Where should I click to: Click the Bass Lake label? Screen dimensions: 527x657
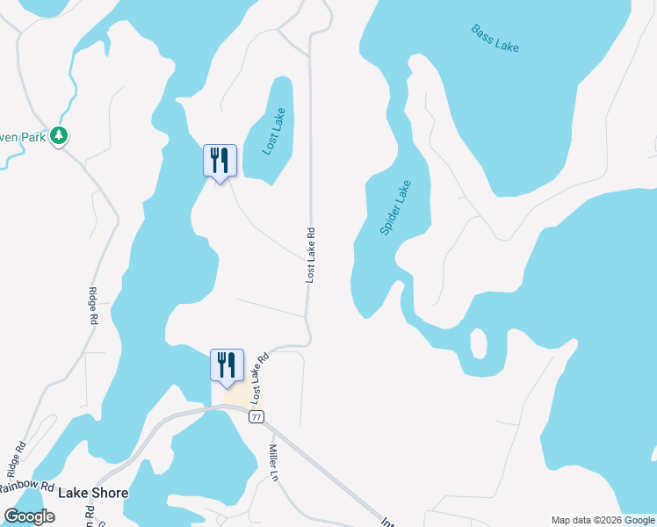tap(495, 39)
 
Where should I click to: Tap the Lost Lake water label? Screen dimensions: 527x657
tap(275, 131)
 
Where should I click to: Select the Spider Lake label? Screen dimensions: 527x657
tap(395, 207)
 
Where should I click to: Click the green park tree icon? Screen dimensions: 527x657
tap(59, 135)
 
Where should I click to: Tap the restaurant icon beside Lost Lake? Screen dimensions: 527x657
tap(220, 161)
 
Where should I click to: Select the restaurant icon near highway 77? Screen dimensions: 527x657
tap(227, 366)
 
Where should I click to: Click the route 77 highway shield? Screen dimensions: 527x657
tap(256, 417)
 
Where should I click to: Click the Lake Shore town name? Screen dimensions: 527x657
tap(93, 493)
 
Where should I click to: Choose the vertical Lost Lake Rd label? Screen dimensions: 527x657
tap(310, 256)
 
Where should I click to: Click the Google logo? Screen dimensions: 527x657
tap(29, 516)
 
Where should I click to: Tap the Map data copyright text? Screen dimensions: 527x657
tap(603, 520)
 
